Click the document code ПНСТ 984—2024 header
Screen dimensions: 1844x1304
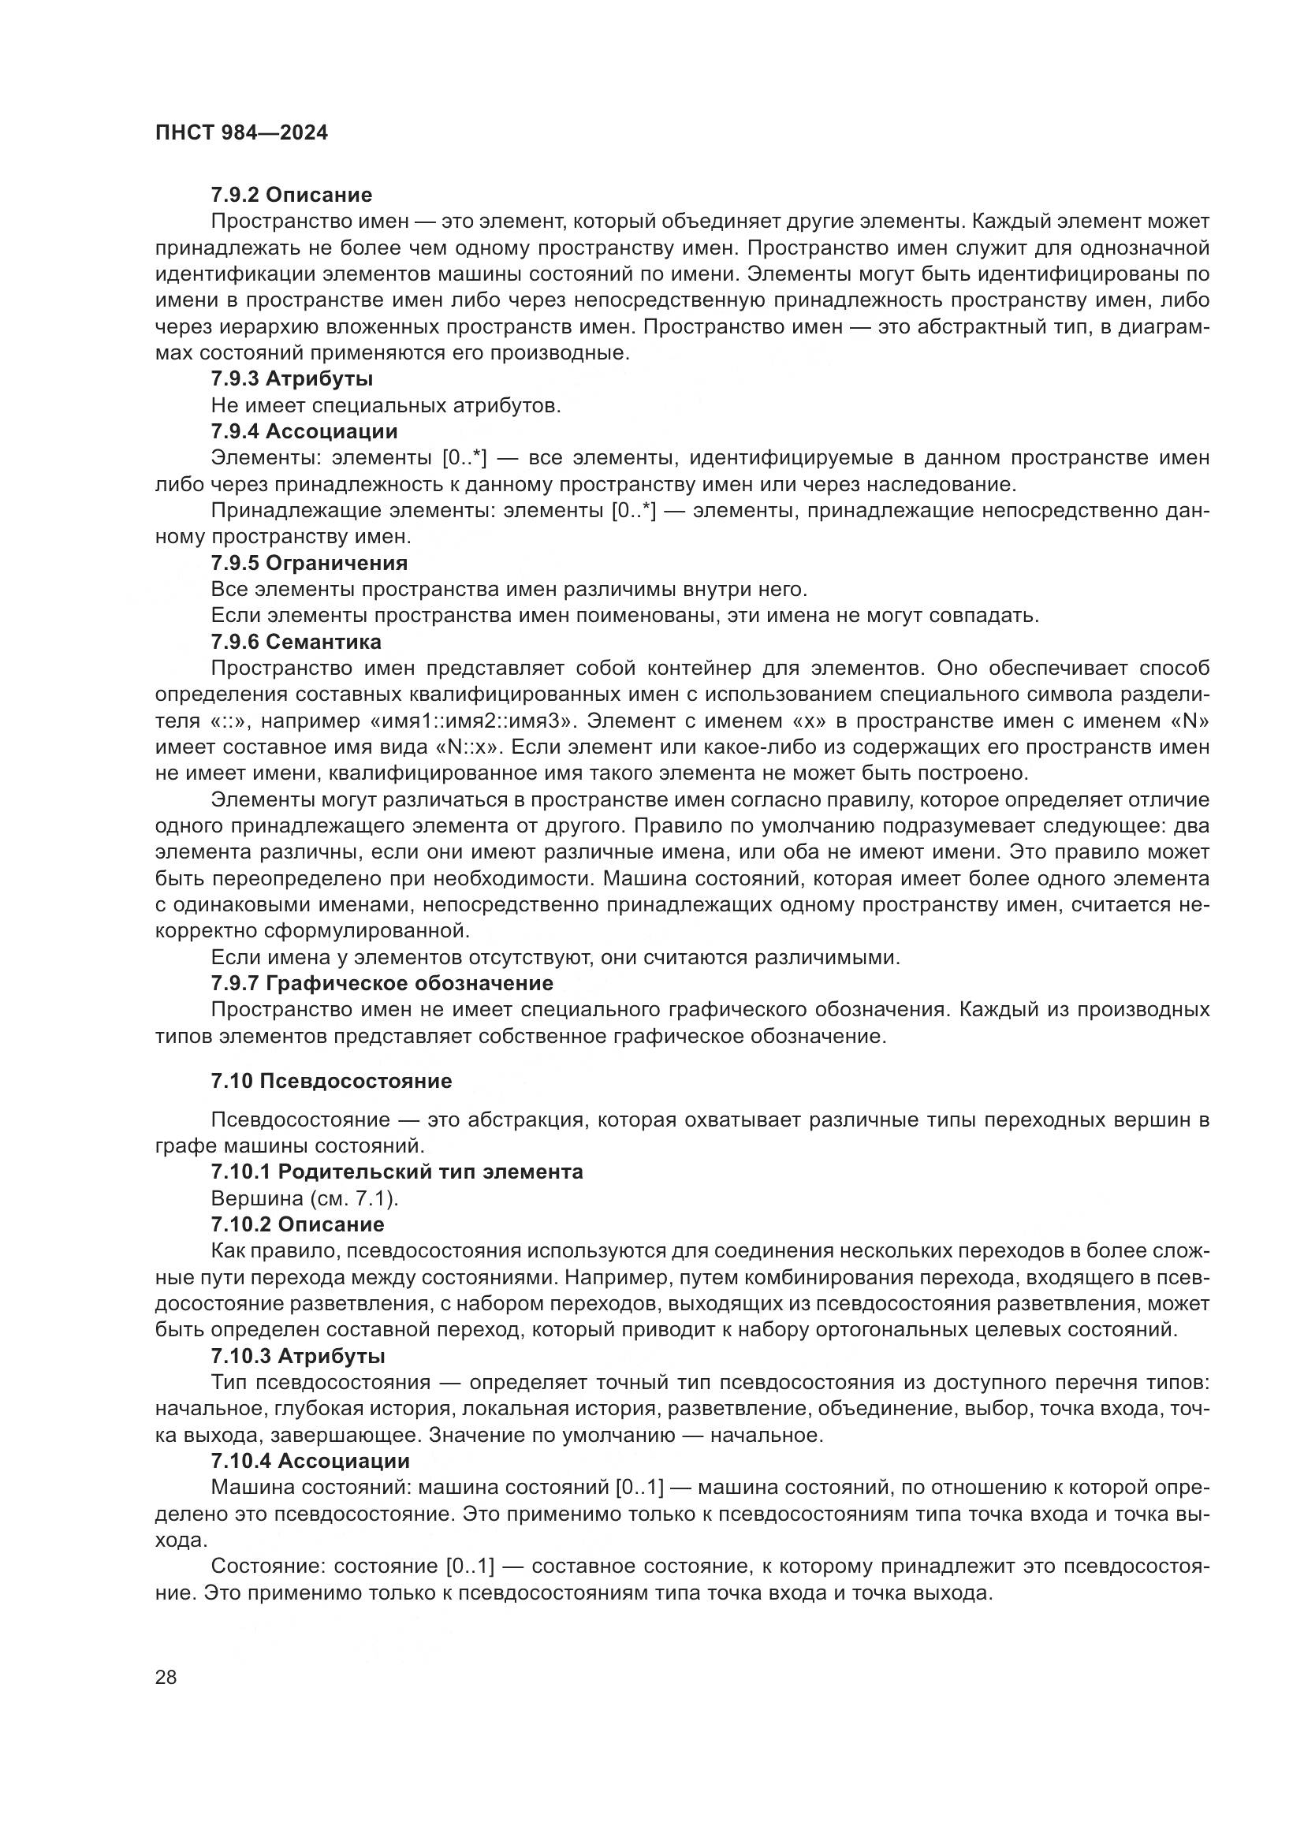click(242, 133)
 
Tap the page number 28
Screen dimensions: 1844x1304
click(166, 1678)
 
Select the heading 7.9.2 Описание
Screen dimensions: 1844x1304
click(292, 195)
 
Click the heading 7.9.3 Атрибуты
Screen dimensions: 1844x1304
click(292, 378)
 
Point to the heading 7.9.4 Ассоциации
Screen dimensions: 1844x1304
click(304, 431)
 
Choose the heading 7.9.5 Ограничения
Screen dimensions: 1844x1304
click(309, 563)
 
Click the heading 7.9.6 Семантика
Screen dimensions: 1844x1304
click(296, 642)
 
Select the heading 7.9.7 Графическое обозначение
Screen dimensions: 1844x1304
click(382, 983)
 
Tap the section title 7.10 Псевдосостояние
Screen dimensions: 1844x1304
click(332, 1081)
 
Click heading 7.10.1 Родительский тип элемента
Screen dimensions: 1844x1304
click(397, 1172)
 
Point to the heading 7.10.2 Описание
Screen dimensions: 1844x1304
click(298, 1224)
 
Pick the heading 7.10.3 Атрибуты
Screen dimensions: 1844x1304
click(298, 1356)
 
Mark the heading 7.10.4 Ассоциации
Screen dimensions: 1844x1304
click(311, 1461)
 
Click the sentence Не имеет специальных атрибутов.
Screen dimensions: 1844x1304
click(386, 405)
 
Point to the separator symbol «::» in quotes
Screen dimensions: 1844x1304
click(225, 721)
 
